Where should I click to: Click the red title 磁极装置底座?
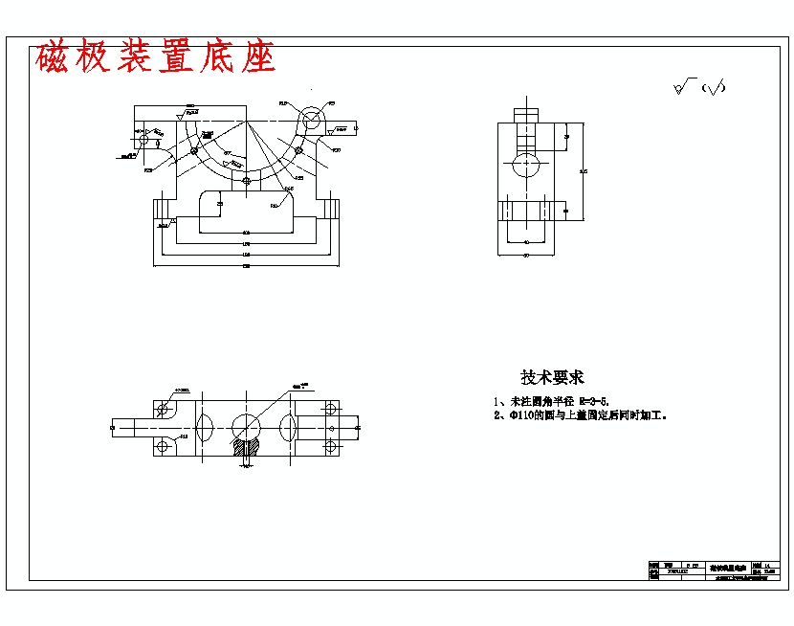click(x=155, y=58)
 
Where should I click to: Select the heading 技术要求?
click(x=552, y=377)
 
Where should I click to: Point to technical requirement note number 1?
click(x=551, y=401)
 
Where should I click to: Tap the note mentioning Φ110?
click(x=580, y=416)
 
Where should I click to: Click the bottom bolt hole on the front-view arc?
click(x=246, y=180)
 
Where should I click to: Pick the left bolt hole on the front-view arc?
click(x=195, y=150)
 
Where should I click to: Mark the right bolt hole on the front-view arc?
click(x=298, y=150)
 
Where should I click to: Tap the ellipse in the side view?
click(x=524, y=166)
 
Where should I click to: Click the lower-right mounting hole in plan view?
click(x=330, y=446)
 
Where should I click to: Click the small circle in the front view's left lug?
click(x=144, y=140)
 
